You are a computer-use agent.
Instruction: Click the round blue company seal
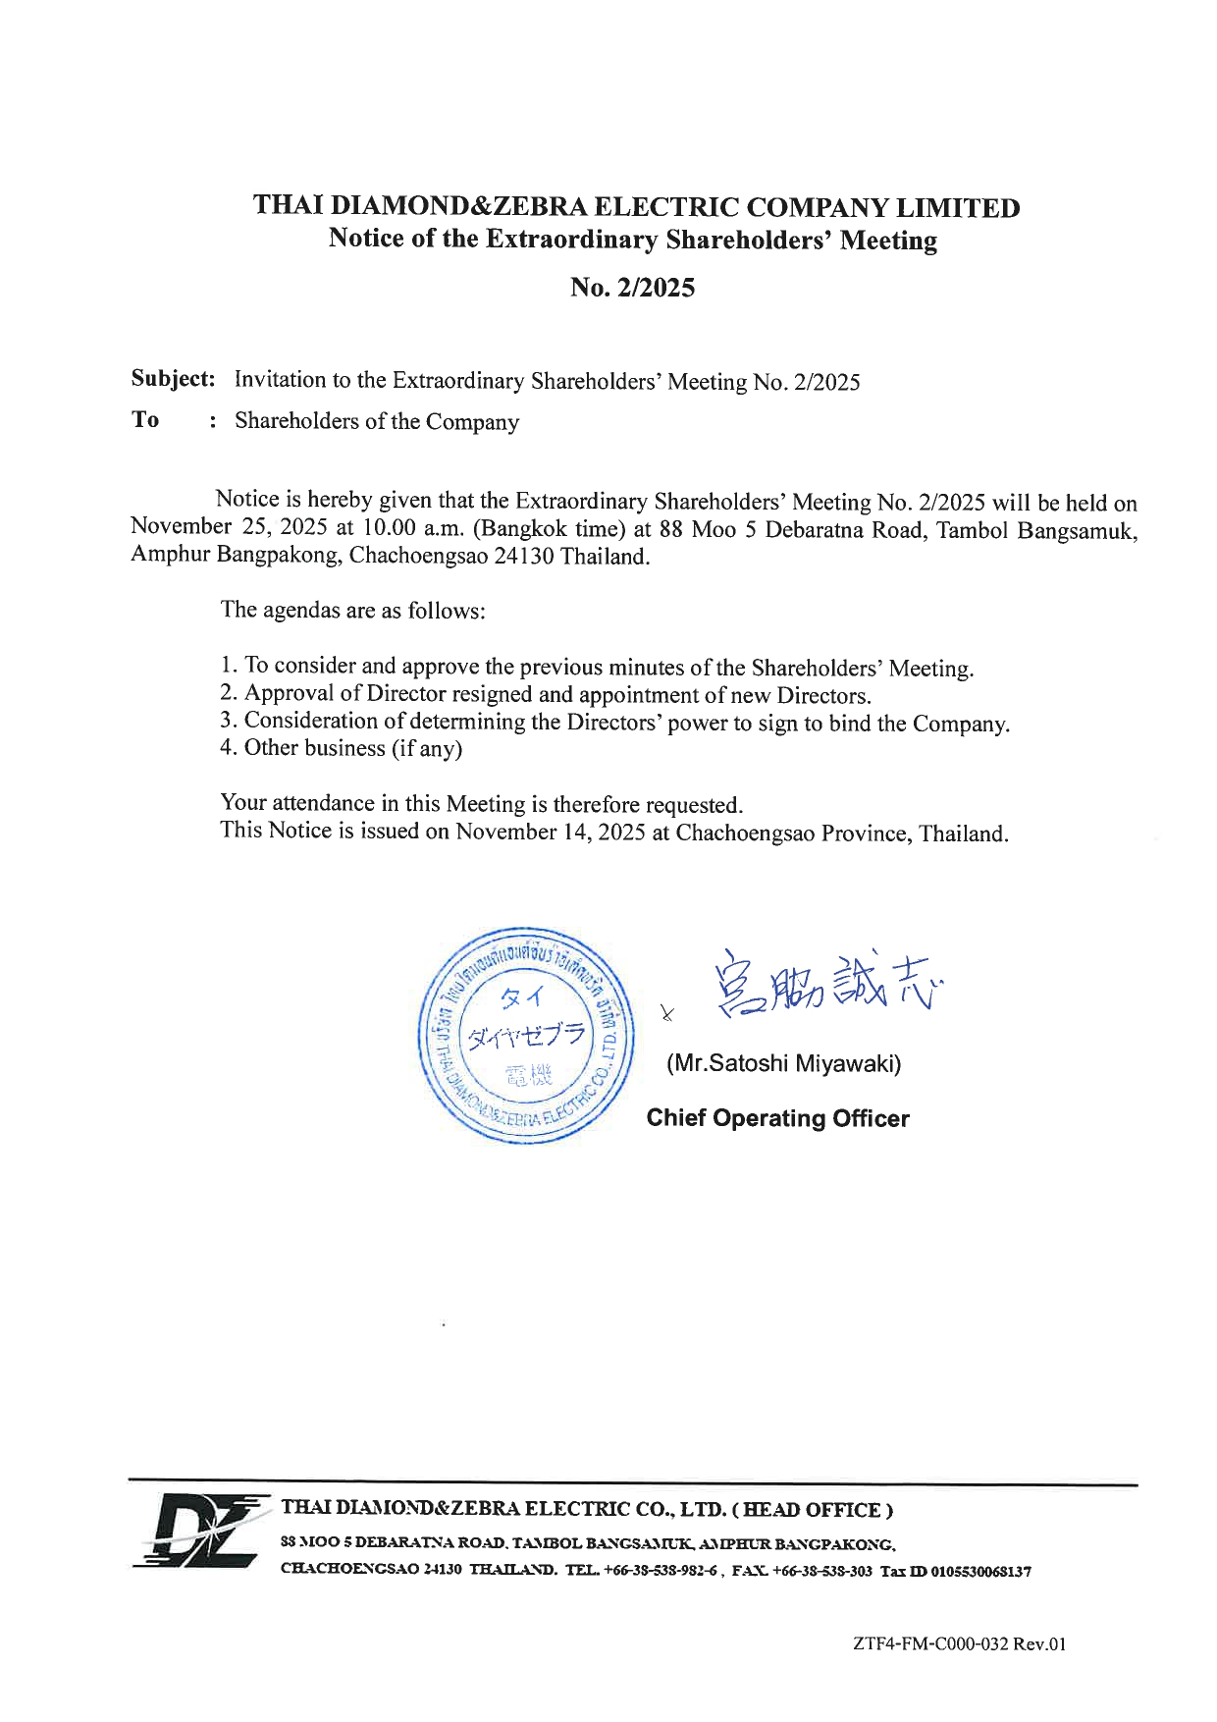coord(527,1036)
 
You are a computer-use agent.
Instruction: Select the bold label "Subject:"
coord(174,379)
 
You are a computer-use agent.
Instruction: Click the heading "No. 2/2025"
coord(633,288)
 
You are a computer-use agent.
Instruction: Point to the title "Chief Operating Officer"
coord(777,1118)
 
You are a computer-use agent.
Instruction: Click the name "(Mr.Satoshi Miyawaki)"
coord(783,1063)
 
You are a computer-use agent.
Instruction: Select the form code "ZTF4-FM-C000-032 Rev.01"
coord(959,1643)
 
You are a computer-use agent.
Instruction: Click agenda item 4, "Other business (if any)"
coord(342,748)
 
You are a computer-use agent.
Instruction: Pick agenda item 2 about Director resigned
coord(546,695)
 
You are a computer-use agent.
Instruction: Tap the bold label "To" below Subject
coord(145,420)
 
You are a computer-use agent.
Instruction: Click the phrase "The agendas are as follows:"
coord(353,610)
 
